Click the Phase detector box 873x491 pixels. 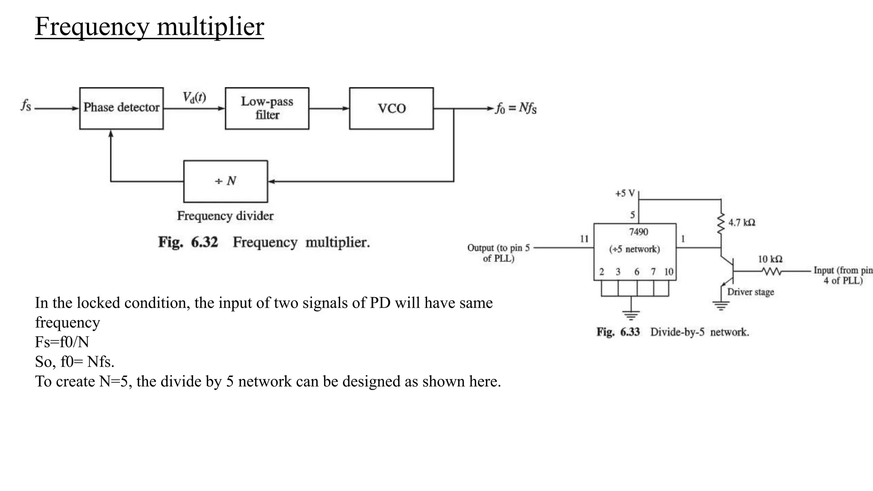point(121,108)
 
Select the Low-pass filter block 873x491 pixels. point(267,108)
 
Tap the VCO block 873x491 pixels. point(391,108)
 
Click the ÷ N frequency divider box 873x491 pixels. point(225,181)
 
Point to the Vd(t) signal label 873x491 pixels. point(194,98)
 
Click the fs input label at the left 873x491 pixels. point(26,105)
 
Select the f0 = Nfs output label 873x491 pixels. point(516,108)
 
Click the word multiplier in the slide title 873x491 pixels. point(211,26)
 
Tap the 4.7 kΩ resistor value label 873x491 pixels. point(741,222)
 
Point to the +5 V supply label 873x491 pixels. point(624,194)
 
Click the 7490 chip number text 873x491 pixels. point(638,232)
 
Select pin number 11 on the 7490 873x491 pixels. point(584,239)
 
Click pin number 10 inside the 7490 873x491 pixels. point(668,272)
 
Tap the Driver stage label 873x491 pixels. point(750,292)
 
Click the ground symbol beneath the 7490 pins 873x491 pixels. point(630,316)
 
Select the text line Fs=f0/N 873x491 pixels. point(62,342)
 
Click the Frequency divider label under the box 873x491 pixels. point(225,216)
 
